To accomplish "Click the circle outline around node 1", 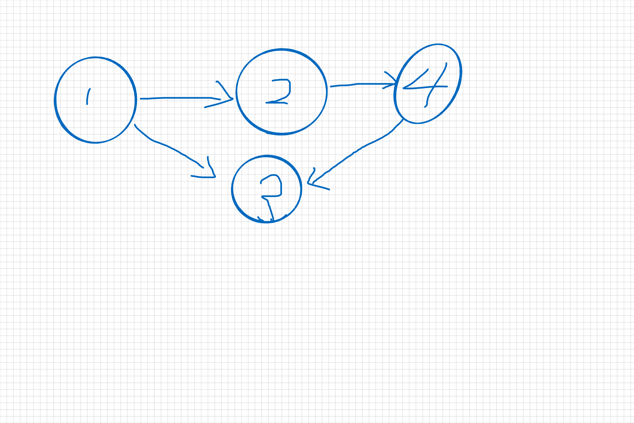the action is [x=55, y=100].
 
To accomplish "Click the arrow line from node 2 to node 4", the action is [x=364, y=84].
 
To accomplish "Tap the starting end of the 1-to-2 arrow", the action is [x=141, y=99].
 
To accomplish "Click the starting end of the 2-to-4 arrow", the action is [x=331, y=87].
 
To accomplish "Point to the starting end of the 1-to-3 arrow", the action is [x=135, y=125].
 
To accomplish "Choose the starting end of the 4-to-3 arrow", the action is [x=403, y=119].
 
